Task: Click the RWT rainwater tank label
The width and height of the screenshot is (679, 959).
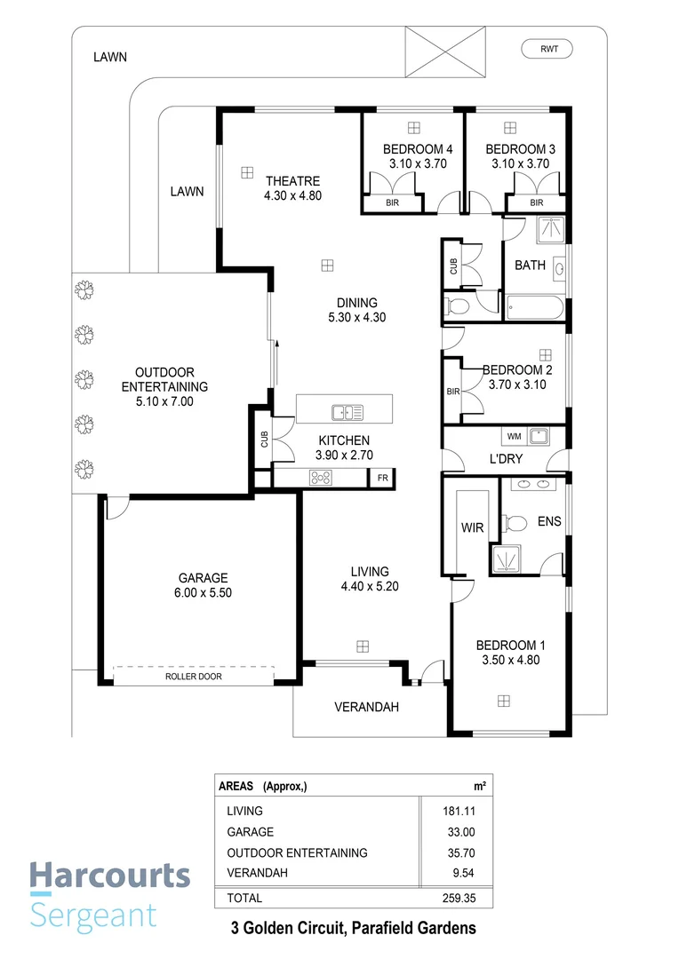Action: [x=548, y=49]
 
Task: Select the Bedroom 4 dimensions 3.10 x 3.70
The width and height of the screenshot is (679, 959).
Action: [x=417, y=163]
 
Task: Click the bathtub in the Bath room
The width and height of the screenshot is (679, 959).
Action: [x=534, y=309]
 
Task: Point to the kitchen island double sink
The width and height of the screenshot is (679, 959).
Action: [x=346, y=411]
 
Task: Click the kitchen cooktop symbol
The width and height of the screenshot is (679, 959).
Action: [x=320, y=479]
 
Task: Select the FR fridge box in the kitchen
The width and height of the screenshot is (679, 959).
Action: [x=382, y=479]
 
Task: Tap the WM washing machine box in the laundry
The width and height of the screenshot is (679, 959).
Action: [x=514, y=436]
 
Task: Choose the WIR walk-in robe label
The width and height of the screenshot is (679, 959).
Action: [x=471, y=527]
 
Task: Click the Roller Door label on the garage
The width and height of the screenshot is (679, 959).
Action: [x=193, y=677]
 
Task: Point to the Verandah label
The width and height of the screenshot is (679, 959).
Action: [x=366, y=708]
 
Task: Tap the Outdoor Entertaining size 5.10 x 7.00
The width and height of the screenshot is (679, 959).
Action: [x=164, y=401]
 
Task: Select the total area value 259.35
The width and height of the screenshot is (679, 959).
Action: [x=470, y=899]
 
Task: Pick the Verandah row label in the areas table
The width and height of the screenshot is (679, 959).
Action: [x=257, y=874]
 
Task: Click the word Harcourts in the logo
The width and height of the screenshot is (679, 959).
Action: [x=109, y=876]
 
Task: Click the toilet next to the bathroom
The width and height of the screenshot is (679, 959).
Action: [x=458, y=307]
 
